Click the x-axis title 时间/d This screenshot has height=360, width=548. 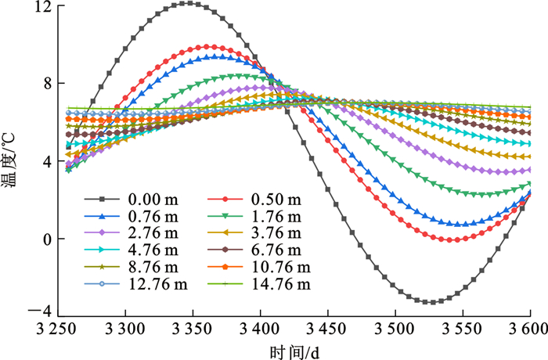pos(294,351)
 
